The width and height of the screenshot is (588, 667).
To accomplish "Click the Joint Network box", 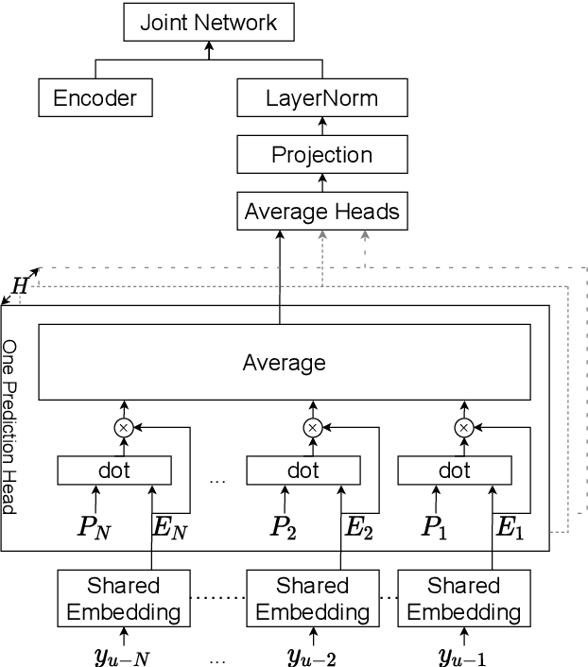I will pyautogui.click(x=208, y=23).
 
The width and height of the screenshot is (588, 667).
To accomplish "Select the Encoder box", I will pyautogui.click(x=95, y=97).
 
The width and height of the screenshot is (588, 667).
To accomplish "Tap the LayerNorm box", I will pyautogui.click(x=321, y=97).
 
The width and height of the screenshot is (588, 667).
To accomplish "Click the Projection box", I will pyautogui.click(x=321, y=154).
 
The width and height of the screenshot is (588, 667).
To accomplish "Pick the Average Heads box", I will pyautogui.click(x=321, y=211).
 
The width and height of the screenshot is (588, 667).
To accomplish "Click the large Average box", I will pyautogui.click(x=284, y=363).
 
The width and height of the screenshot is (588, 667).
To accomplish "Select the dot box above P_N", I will pyautogui.click(x=113, y=470).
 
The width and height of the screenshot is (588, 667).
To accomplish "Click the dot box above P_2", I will pyautogui.click(x=303, y=470).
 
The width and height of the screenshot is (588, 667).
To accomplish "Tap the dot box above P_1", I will pyautogui.click(x=454, y=470).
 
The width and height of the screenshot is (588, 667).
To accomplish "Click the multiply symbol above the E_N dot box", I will pyautogui.click(x=123, y=428).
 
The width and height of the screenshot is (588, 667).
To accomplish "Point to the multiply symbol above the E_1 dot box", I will pyautogui.click(x=463, y=428).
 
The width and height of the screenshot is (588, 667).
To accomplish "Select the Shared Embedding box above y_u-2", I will pyautogui.click(x=312, y=599).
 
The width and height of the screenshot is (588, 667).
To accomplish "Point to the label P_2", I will pyautogui.click(x=284, y=527).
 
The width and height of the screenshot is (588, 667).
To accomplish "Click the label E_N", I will pyautogui.click(x=170, y=527).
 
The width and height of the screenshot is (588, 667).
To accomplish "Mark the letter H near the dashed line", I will pyautogui.click(x=18, y=284).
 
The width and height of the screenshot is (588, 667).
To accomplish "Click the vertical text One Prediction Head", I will pyautogui.click(x=10, y=427).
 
